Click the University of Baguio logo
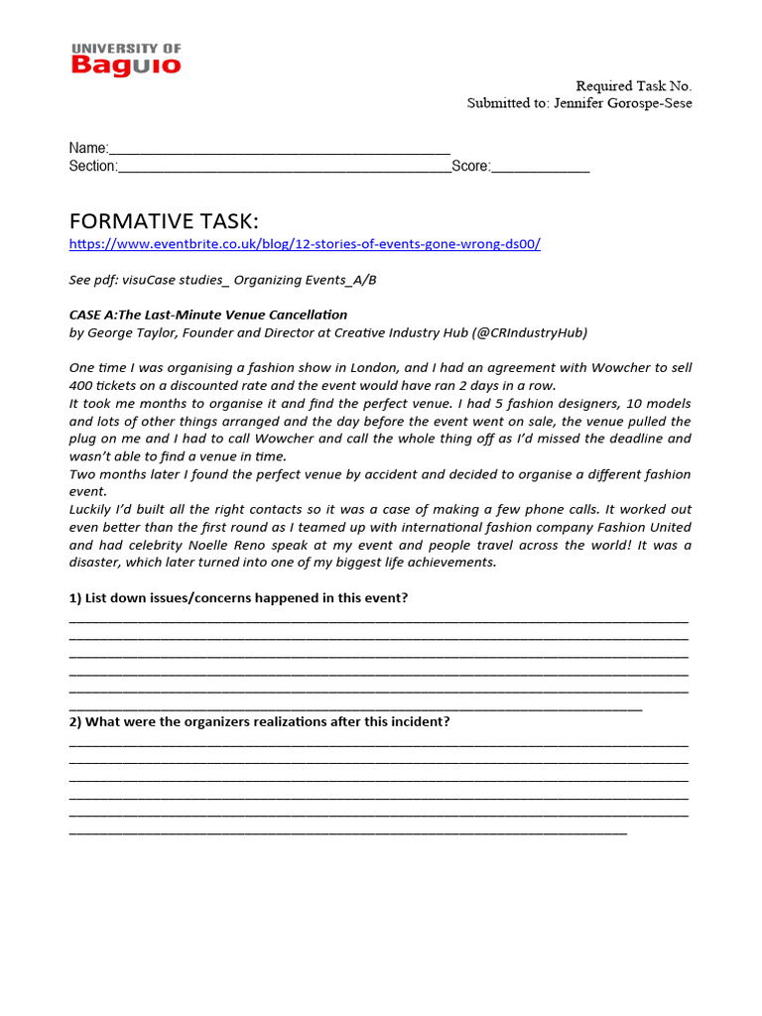(x=126, y=59)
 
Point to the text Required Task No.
(x=634, y=86)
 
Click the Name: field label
(x=88, y=148)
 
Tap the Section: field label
(x=93, y=166)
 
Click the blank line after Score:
(x=541, y=167)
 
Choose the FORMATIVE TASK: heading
(x=164, y=220)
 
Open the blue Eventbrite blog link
(x=305, y=244)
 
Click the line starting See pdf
(x=222, y=280)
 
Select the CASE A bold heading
(x=208, y=315)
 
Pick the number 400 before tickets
(x=81, y=385)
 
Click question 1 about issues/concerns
(x=238, y=597)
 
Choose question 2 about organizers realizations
(x=259, y=721)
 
